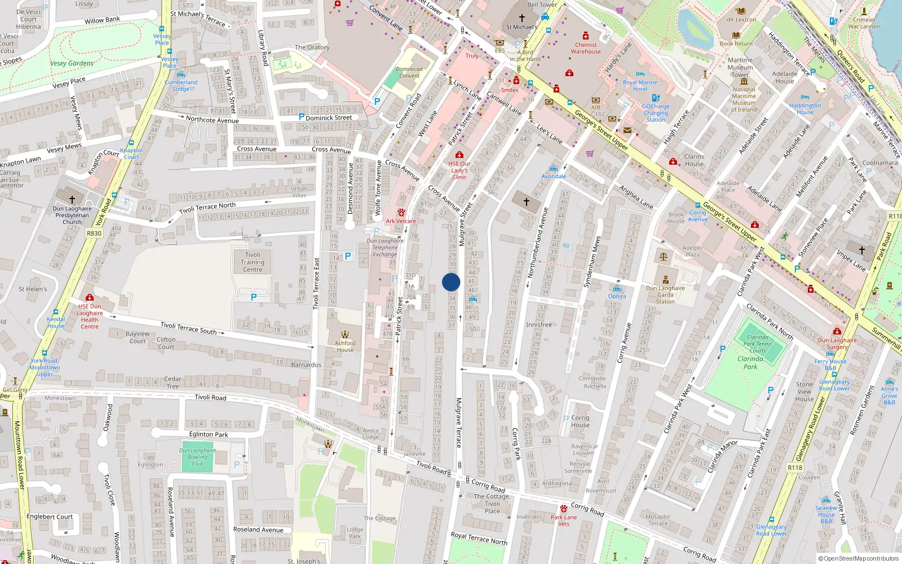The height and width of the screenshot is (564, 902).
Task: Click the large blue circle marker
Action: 451,282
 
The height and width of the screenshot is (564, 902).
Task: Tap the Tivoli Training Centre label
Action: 253,262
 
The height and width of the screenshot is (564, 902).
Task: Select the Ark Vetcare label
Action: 401,221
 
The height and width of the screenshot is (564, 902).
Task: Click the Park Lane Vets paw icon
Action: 563,509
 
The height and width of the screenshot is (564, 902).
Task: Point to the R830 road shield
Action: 94,233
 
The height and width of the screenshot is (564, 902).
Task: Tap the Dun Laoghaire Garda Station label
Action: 665,294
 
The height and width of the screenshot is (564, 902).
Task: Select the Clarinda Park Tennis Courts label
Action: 758,344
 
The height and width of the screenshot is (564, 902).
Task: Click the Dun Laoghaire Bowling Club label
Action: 197,457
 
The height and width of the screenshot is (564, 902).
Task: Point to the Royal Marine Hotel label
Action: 640,86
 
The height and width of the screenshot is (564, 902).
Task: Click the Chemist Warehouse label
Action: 586,48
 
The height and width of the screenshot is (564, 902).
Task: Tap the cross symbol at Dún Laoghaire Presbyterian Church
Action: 72,200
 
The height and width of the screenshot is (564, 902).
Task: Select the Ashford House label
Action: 345,346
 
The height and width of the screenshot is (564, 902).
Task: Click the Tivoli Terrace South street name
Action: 188,328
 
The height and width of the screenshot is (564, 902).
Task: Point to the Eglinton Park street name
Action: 209,434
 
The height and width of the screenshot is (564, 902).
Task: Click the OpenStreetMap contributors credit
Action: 858,559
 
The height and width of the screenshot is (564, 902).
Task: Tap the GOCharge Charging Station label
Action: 656,113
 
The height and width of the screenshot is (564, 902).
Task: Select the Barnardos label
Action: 306,365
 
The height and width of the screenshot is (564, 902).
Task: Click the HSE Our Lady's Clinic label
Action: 459,170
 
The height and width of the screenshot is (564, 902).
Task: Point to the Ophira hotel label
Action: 617,296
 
